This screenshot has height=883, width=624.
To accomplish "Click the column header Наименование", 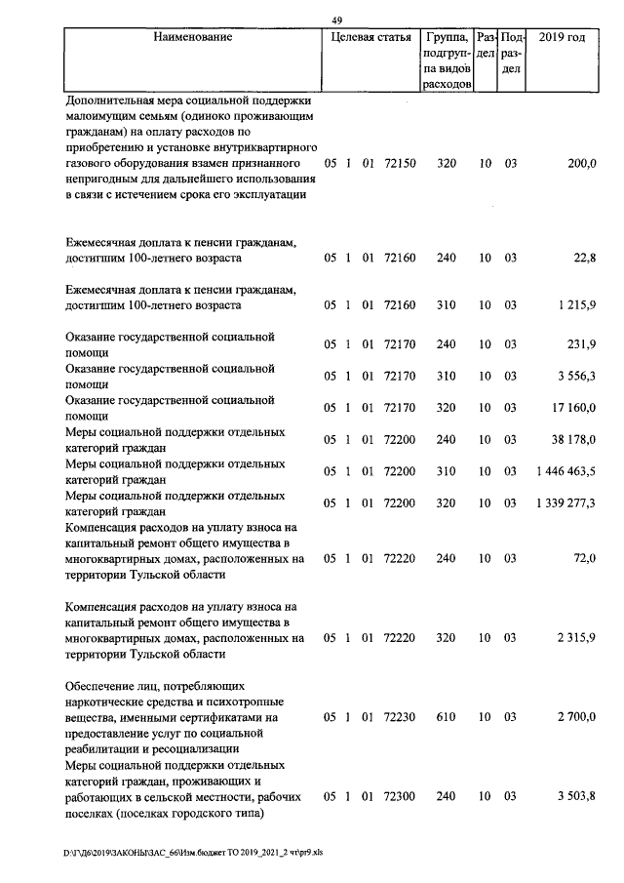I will (x=193, y=37).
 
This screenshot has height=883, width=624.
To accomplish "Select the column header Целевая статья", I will (x=370, y=37).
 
